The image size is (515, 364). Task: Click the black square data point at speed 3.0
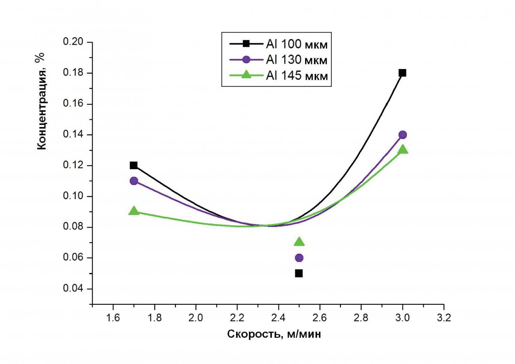coord(402,73)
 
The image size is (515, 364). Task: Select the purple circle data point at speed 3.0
coord(403,135)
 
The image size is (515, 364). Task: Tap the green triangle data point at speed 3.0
coord(403,149)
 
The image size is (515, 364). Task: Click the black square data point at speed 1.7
coord(133,165)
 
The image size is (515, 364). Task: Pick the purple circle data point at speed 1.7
coord(133,181)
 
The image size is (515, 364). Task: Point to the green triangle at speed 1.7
coord(133,211)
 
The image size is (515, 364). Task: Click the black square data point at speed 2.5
coord(299,273)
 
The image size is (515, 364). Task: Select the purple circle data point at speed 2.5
coord(299,258)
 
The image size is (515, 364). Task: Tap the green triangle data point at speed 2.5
coord(299,242)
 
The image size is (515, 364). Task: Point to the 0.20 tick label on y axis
coord(75,42)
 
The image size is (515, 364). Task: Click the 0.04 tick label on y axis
coord(75,289)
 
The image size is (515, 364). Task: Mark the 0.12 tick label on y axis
coord(75,166)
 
